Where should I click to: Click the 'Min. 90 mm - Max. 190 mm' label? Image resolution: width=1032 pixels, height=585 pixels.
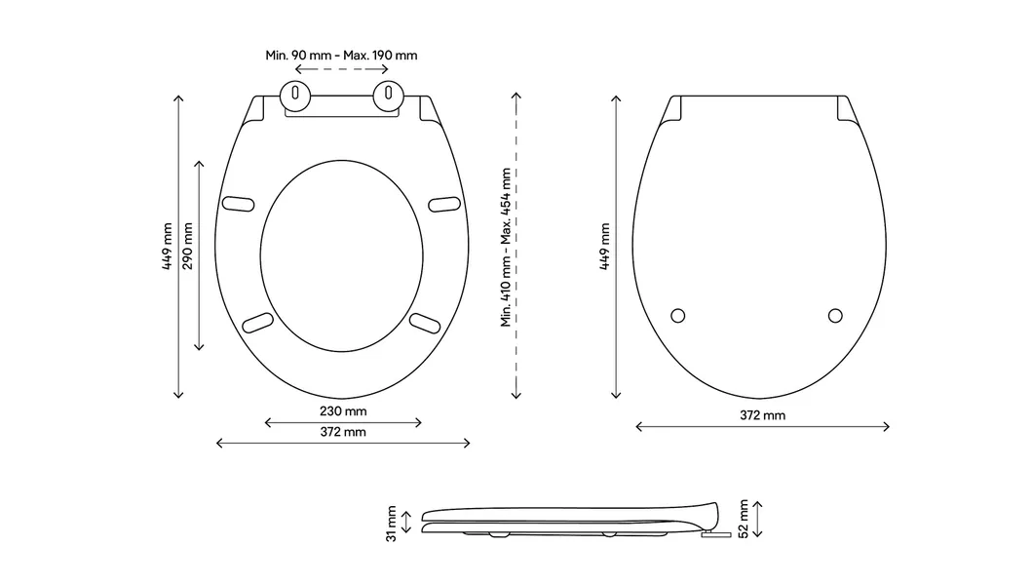(341, 56)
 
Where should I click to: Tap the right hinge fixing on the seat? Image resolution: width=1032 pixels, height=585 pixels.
(389, 96)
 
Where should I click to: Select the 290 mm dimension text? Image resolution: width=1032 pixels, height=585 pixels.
(187, 246)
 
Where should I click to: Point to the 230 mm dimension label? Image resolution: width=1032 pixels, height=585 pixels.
(343, 410)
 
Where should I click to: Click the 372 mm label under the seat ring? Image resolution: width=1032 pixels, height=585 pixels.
(343, 432)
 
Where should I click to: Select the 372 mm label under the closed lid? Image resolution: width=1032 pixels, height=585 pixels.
(762, 415)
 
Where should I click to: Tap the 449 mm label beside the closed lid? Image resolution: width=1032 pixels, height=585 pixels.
(604, 246)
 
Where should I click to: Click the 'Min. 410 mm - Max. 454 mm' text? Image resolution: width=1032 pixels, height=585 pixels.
(506, 246)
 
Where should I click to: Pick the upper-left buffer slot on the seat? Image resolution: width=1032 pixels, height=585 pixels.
(239, 203)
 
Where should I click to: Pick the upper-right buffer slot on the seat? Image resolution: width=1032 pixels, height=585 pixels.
(444, 203)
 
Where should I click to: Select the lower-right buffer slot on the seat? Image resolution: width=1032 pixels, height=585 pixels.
(426, 321)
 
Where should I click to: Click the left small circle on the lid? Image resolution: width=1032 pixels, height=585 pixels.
(679, 315)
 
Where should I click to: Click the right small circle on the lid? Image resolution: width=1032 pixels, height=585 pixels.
(834, 315)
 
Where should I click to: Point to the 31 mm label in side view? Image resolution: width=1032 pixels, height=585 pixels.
(391, 523)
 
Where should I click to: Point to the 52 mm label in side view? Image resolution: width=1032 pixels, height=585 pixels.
(744, 518)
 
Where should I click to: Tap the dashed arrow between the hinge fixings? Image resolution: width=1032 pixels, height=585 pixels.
(341, 71)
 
